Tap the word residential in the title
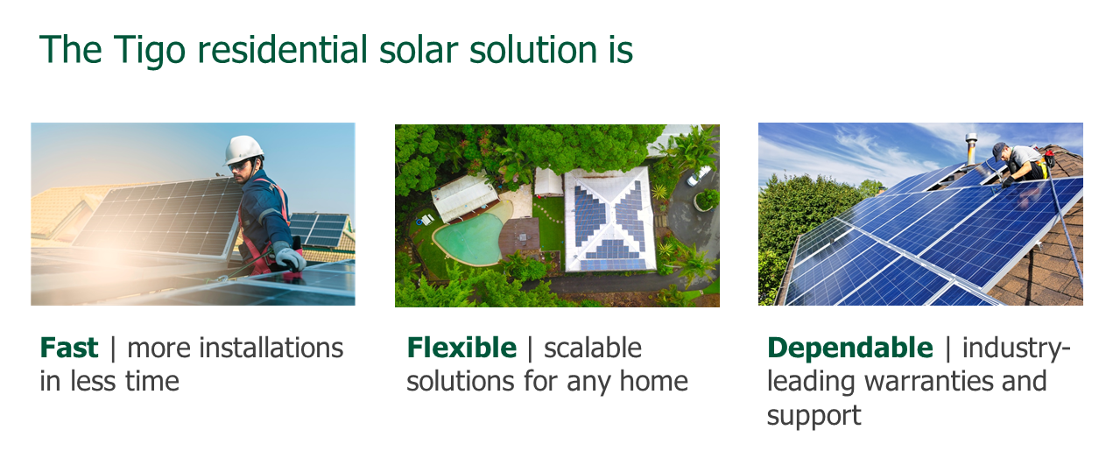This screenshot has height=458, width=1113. (283, 50)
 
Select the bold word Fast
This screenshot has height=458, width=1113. (68, 348)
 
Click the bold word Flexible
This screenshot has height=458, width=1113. (461, 348)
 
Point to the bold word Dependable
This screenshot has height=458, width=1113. (850, 349)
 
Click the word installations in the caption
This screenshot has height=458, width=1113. (235, 348)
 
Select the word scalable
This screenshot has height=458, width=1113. (593, 348)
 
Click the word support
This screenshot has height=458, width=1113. (814, 416)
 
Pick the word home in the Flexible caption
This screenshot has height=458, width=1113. (654, 382)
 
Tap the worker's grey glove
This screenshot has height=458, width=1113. (290, 256)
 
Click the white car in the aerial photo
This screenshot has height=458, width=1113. (699, 175)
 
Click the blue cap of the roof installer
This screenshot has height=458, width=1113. (998, 149)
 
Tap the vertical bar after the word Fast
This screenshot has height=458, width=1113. (113, 349)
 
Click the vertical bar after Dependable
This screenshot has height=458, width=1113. (947, 349)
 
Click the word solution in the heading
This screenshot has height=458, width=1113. (533, 50)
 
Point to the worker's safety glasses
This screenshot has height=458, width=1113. (239, 166)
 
